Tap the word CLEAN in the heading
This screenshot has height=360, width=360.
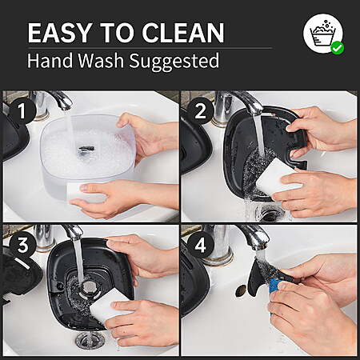(x=183, y=33)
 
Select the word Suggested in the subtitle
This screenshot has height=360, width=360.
(x=174, y=62)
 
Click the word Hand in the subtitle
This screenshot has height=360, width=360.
(x=50, y=60)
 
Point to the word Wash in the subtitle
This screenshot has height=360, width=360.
(x=101, y=60)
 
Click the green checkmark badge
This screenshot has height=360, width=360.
(x=338, y=48)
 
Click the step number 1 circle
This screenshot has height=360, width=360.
(x=22, y=110)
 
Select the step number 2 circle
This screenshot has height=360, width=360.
(x=201, y=110)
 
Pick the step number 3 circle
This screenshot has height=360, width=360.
(x=23, y=245)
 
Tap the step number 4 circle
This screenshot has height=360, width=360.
(x=201, y=245)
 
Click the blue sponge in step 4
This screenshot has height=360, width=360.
(x=274, y=285)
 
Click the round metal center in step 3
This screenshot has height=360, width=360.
(x=90, y=286)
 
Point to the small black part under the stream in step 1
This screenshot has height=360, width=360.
(x=86, y=150)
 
